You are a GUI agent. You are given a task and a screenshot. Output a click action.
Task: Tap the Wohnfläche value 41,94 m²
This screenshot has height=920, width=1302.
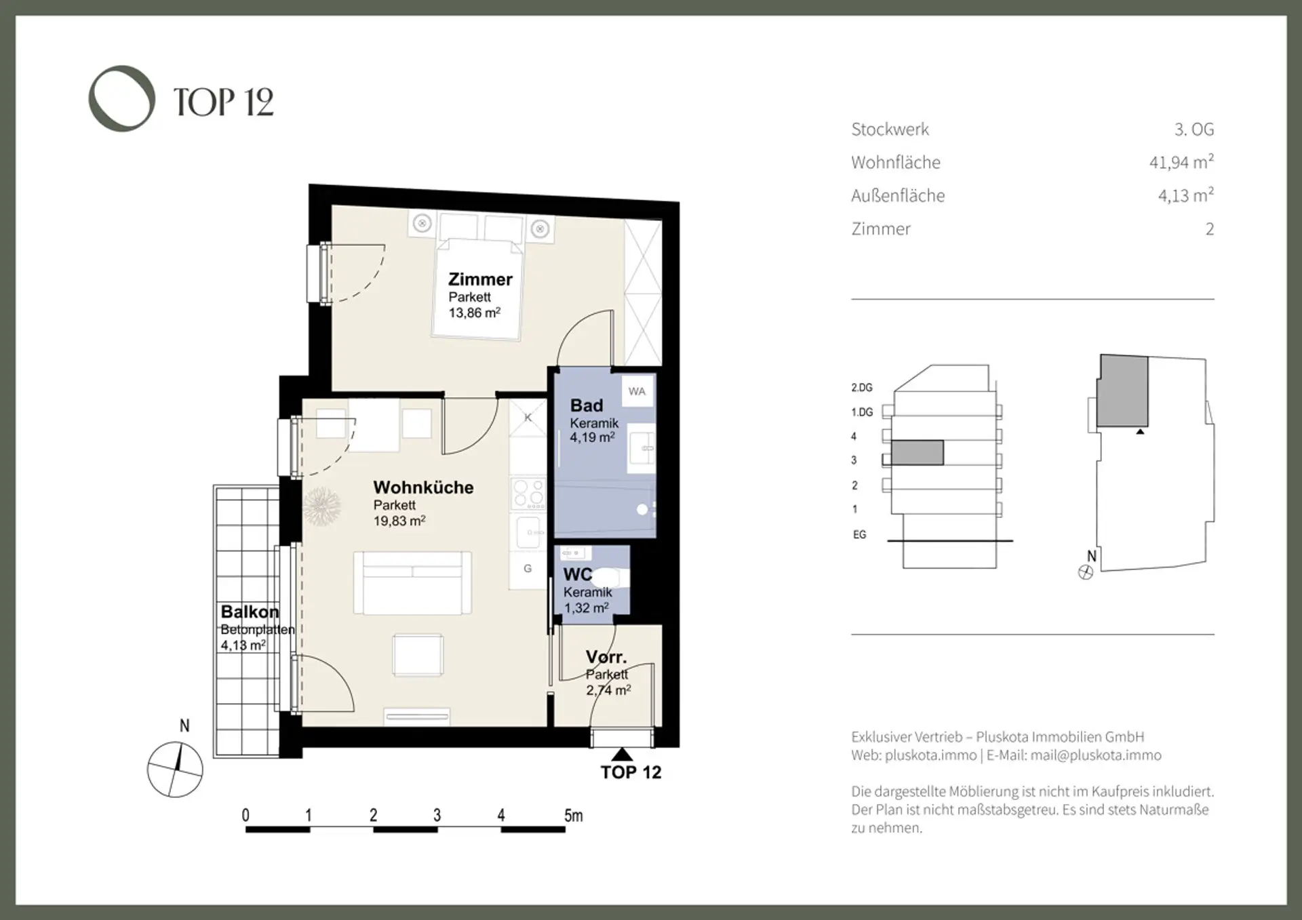point(1181,163)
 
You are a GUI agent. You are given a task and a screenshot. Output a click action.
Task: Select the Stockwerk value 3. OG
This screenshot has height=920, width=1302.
point(1194,129)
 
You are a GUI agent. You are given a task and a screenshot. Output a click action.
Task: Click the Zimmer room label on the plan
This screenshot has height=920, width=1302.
point(480,279)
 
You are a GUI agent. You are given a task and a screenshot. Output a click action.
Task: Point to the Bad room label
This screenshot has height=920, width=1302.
point(587,405)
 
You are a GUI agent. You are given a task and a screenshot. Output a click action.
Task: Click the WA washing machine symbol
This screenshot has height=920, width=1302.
point(637,391)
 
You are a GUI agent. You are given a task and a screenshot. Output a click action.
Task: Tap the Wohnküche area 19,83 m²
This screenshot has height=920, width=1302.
point(399,521)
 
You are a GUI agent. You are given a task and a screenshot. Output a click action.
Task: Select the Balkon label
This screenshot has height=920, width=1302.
point(250,612)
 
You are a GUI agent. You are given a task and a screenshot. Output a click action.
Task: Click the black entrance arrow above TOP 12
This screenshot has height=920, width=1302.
point(622,755)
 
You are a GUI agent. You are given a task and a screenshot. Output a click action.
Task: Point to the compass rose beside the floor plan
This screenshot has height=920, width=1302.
point(176,770)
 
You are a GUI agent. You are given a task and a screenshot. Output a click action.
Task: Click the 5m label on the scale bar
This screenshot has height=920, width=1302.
point(573,816)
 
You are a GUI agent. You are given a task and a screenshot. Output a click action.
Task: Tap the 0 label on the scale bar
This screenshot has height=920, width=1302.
point(245,816)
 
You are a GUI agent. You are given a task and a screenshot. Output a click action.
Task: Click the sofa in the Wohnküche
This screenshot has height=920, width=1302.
point(412,583)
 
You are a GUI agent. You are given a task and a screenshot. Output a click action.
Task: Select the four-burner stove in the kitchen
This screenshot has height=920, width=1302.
point(528,494)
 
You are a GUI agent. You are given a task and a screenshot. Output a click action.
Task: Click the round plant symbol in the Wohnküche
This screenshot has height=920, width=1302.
point(321,506)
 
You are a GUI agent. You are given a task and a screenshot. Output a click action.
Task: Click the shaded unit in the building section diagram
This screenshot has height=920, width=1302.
point(917,453)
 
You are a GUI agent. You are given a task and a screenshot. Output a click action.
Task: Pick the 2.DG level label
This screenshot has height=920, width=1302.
point(862,388)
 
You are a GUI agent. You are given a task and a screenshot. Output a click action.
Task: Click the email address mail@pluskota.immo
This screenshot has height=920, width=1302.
point(1096,755)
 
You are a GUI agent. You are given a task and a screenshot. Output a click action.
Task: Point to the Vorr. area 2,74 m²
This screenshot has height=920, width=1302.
point(608,690)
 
